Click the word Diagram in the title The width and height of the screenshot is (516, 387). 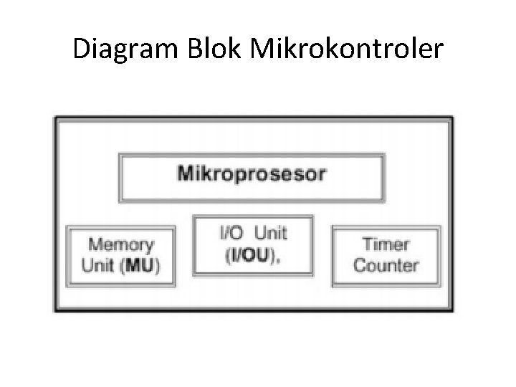(x=126, y=49)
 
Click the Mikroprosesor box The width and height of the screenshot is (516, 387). (x=252, y=177)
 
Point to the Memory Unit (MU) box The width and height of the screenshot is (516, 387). (x=120, y=256)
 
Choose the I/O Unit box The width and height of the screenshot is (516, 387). (x=252, y=244)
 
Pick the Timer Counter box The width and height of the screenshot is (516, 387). (x=386, y=255)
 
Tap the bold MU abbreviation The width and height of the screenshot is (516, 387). (x=140, y=265)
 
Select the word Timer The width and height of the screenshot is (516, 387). (x=386, y=245)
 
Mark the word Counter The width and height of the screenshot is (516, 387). (x=386, y=265)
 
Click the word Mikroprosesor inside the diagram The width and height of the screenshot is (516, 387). (x=252, y=173)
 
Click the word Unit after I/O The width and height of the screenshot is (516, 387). (x=270, y=233)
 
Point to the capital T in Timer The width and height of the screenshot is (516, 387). (x=368, y=245)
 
